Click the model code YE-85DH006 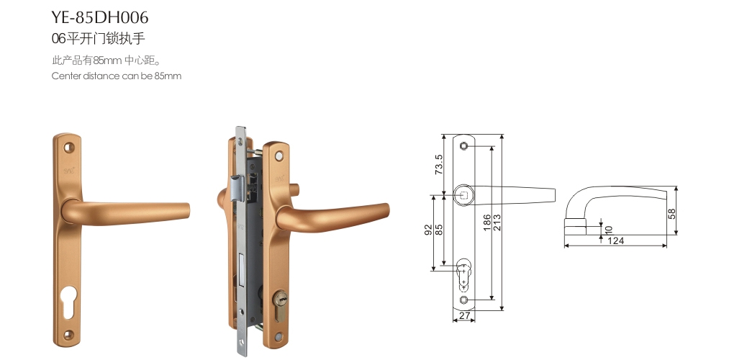100,18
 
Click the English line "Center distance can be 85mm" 117,76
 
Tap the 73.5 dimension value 439,164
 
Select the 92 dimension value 428,230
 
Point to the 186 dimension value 487,222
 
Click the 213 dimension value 497,222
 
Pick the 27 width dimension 464,315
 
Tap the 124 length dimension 615,240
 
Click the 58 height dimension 671,214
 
